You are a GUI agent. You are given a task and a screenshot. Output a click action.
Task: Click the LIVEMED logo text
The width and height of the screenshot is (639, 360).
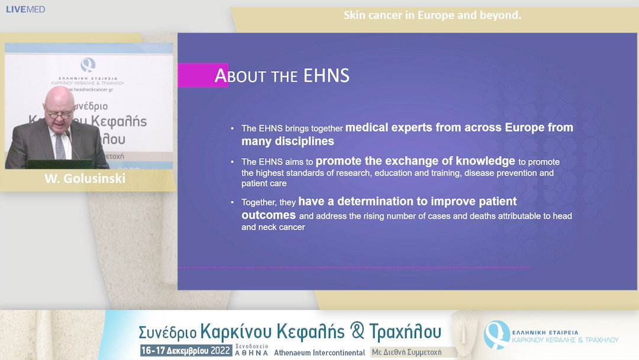[25, 9]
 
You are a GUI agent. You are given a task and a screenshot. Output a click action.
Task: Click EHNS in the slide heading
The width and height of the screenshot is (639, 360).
[326, 76]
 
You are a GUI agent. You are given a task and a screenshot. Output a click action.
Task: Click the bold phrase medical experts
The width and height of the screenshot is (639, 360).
[390, 127]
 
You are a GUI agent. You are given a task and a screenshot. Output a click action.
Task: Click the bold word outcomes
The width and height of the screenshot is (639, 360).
[269, 215]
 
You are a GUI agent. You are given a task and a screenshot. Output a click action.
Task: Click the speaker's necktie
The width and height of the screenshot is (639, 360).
[60, 146]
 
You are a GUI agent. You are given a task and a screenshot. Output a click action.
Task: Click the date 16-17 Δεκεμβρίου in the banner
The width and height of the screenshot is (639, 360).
[175, 351]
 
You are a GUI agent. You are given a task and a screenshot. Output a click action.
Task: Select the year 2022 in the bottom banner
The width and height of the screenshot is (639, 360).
[220, 351]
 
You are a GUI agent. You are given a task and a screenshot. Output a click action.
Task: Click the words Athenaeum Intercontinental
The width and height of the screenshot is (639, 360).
[319, 352]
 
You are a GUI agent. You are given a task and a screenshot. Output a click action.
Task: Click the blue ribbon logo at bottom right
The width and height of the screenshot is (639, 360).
[496, 335]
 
